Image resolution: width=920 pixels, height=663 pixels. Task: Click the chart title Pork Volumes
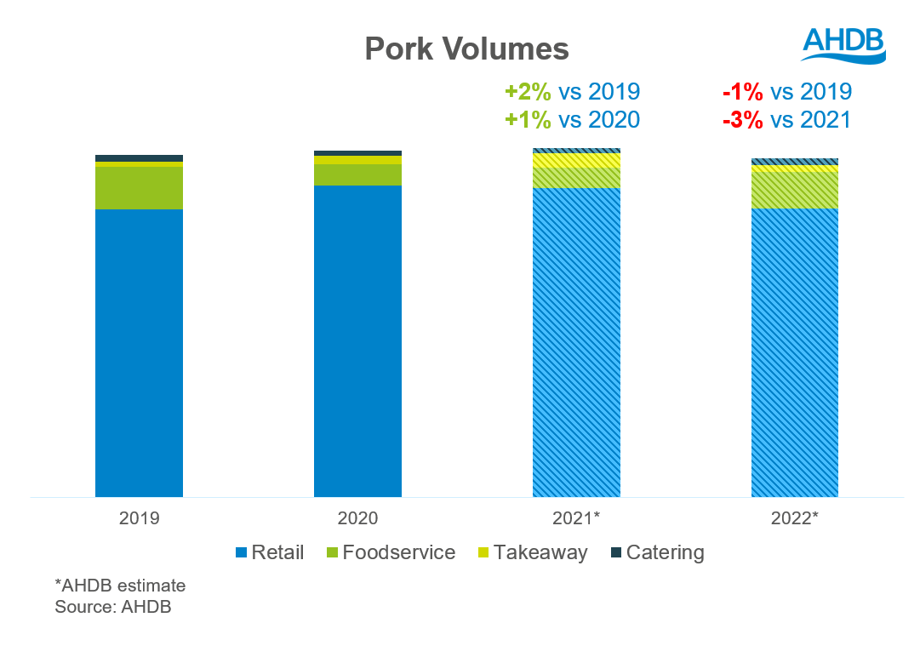click(x=466, y=49)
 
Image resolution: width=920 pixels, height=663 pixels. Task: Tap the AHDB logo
click(x=843, y=43)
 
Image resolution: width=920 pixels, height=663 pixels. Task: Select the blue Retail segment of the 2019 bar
click(x=139, y=352)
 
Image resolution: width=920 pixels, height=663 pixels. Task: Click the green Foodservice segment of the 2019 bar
click(x=139, y=187)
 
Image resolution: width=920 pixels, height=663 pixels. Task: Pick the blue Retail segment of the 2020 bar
click(x=357, y=340)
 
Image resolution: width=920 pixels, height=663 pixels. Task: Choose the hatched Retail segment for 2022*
click(x=795, y=352)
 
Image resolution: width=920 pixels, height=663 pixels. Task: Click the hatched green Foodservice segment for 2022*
click(x=795, y=190)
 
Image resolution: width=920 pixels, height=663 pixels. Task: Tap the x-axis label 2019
click(x=140, y=517)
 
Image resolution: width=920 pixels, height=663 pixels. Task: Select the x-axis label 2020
click(x=357, y=517)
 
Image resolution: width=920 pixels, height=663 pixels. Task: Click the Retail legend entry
click(x=269, y=552)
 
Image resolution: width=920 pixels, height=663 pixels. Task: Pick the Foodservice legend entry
click(x=391, y=552)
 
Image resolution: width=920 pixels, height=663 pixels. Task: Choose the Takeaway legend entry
click(x=532, y=552)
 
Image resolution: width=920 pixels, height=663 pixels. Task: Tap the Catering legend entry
click(x=657, y=552)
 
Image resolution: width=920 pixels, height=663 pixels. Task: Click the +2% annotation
click(x=529, y=92)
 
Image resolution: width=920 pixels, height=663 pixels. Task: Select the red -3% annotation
click(x=742, y=120)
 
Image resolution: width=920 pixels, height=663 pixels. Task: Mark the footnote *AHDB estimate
click(x=120, y=586)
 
